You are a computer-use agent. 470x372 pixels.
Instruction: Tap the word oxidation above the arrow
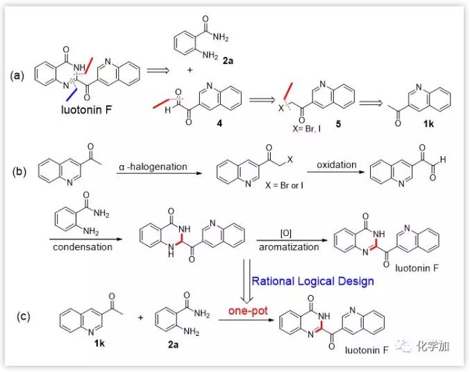coord(337,165)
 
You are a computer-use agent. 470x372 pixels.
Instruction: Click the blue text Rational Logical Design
coord(312,281)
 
